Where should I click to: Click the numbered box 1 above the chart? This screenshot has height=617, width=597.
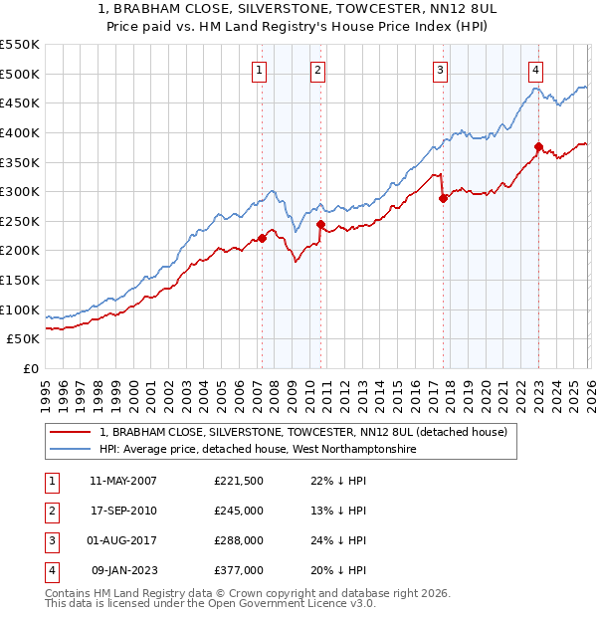click(x=259, y=70)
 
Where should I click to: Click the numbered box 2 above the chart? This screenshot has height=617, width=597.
click(x=316, y=70)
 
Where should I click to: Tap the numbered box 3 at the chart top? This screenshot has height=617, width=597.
click(x=440, y=70)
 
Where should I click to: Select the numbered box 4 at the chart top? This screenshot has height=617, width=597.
click(x=535, y=70)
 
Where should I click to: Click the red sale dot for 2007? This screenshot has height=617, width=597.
click(x=262, y=238)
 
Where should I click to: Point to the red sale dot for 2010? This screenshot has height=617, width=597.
click(x=320, y=224)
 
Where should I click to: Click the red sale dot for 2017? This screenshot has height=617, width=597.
click(x=443, y=198)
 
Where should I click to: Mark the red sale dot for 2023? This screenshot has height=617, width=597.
click(x=538, y=146)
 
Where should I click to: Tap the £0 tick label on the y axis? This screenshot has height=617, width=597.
click(x=30, y=369)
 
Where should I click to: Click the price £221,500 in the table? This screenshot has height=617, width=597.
click(x=238, y=481)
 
